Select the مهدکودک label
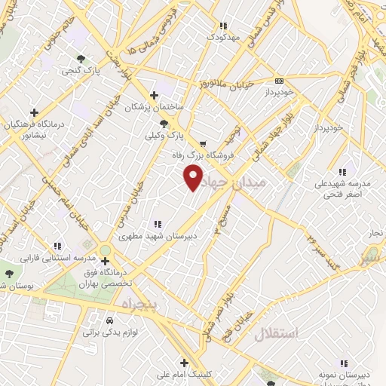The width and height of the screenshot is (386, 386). pos(223,37)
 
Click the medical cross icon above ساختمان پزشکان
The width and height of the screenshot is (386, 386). pos(154,95)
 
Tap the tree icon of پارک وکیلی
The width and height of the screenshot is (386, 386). pos(164,124)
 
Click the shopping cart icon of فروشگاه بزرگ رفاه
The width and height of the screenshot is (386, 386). pos(203,142)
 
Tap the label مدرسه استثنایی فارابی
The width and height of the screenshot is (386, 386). pos(51,258)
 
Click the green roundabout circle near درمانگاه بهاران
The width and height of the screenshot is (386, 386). pos(105,250)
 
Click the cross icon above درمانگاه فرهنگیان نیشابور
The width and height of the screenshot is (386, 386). pos(34,113)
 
